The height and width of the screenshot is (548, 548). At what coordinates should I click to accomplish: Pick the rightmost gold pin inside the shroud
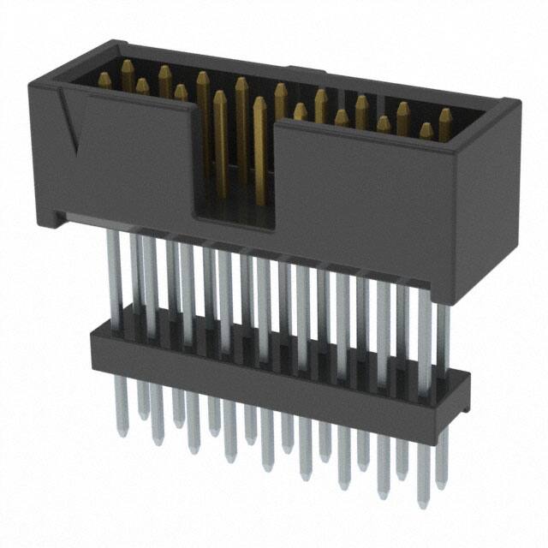pos(445,117)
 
